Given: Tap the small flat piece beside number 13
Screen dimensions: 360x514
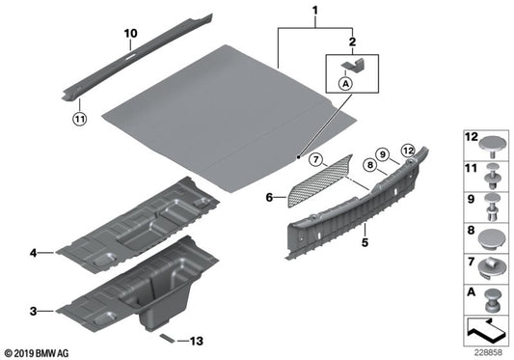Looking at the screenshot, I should pyautogui.click(x=167, y=339).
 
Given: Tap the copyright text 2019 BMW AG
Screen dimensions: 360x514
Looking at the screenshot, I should pyautogui.click(x=36, y=353).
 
